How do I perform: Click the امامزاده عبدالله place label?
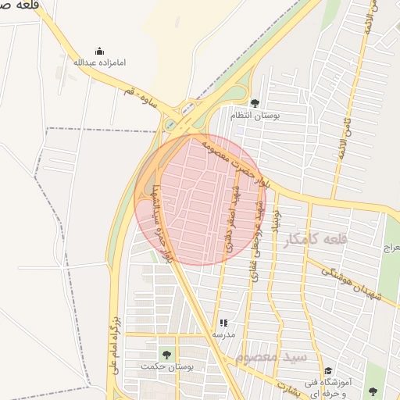pyautogui.click(x=99, y=62)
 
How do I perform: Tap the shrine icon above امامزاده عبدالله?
pyautogui.click(x=99, y=51)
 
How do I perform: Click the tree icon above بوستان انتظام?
pyautogui.click(x=255, y=103)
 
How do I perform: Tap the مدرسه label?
pyautogui.click(x=223, y=334)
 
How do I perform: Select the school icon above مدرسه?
pyautogui.click(x=223, y=322)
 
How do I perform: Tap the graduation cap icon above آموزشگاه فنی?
pyautogui.click(x=328, y=370)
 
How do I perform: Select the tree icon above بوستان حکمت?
pyautogui.click(x=165, y=354)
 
